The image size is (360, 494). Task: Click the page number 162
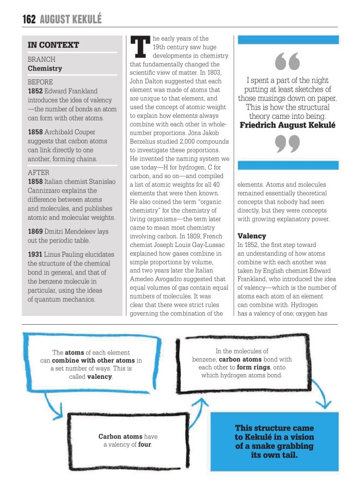[x=29, y=20]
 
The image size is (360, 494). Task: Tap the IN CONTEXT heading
[x=53, y=45]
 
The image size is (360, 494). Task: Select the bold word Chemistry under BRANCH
[x=45, y=68]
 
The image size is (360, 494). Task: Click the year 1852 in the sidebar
[x=35, y=91]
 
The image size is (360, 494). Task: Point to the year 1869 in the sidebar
[x=35, y=232]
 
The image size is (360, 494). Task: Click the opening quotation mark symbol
[x=287, y=62]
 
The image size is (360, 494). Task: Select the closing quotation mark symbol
[x=287, y=144]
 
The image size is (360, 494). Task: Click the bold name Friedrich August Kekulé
[x=287, y=125]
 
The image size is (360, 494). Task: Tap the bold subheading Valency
[x=251, y=236]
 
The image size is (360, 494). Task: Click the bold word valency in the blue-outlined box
[x=99, y=376]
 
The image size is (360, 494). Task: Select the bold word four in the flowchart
[x=145, y=444]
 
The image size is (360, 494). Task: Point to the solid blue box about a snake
[x=274, y=442]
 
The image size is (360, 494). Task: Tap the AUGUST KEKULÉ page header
[x=70, y=20]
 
